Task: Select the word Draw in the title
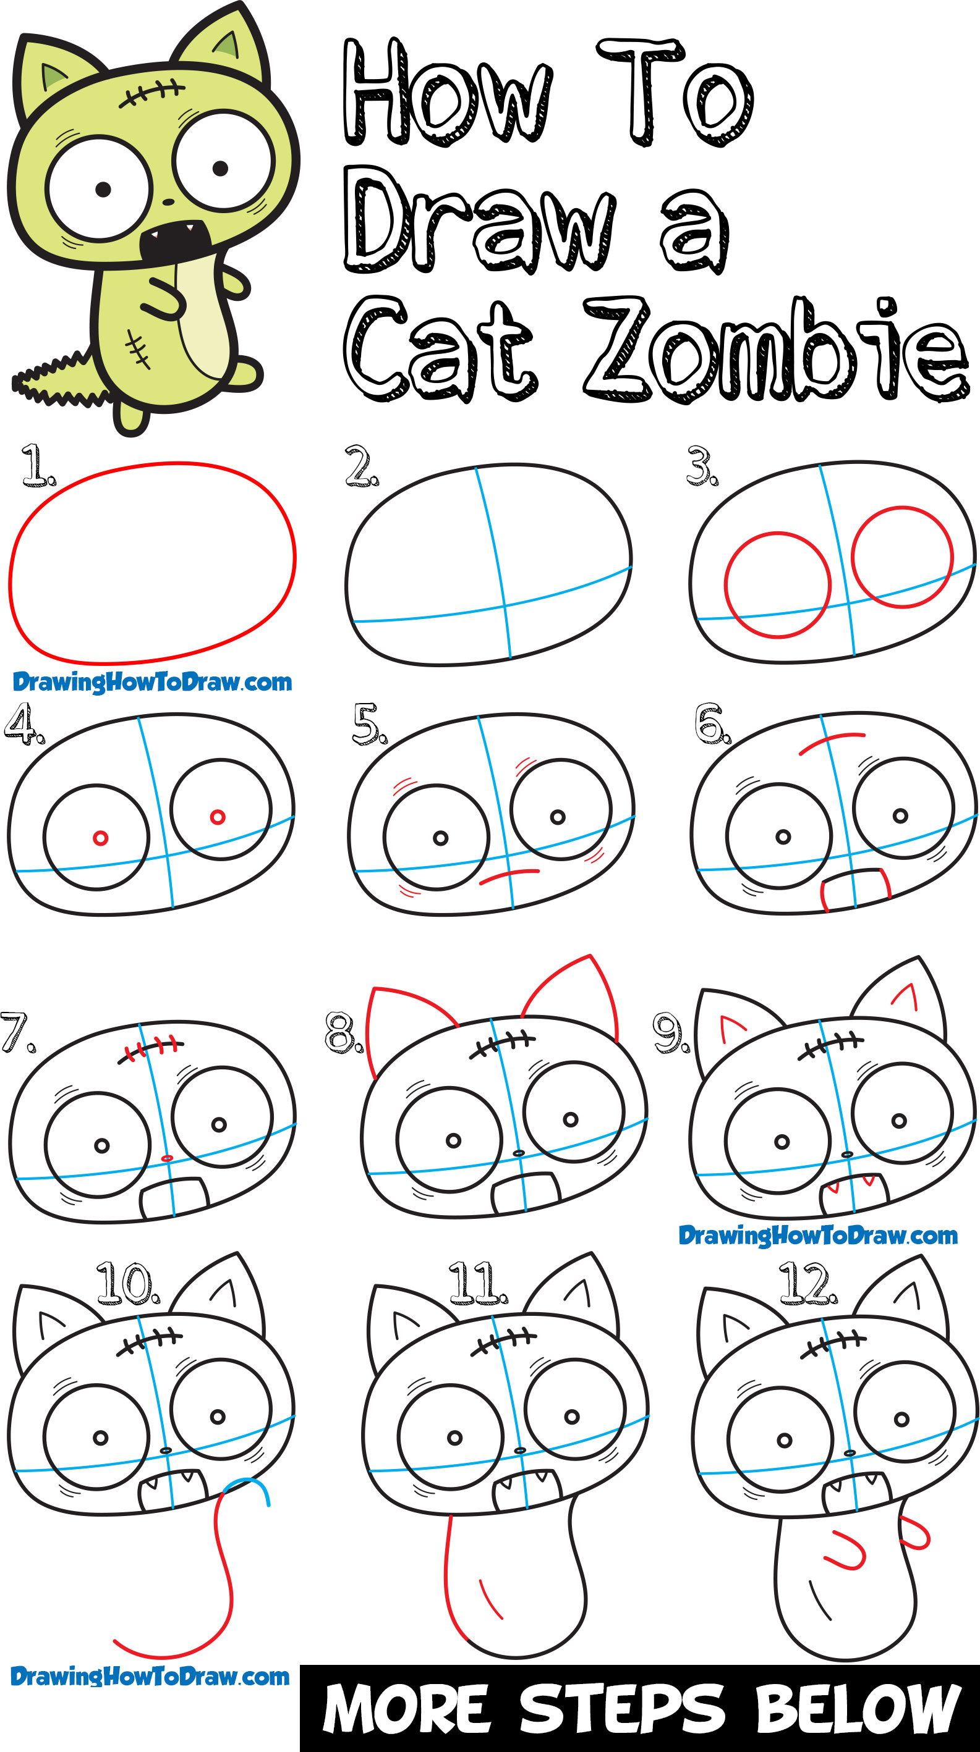[480, 219]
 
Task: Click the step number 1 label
[38, 465]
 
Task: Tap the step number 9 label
[670, 1032]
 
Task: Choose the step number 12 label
[809, 1282]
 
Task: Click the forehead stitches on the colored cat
[151, 94]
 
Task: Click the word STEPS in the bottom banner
[623, 1709]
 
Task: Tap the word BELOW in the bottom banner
[858, 1709]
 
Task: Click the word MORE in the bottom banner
[406, 1709]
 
